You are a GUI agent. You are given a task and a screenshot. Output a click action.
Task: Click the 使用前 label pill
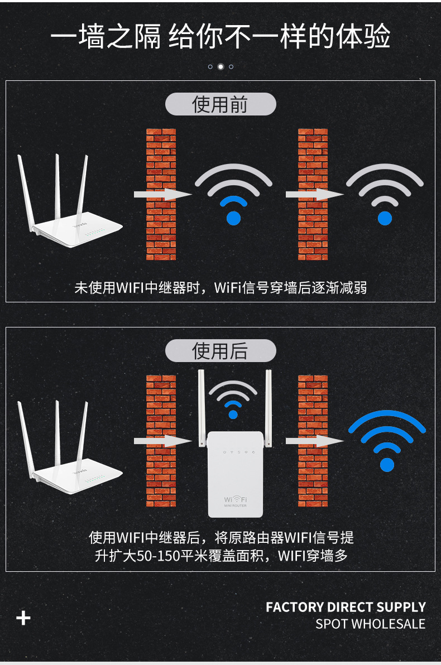(x=220, y=104)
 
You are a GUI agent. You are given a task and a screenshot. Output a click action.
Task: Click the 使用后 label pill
(x=220, y=351)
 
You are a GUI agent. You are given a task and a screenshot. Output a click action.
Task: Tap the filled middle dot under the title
(x=220, y=66)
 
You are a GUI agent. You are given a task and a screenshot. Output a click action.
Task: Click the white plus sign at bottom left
(x=23, y=618)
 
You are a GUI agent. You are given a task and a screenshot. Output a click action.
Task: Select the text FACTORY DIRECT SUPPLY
(x=346, y=607)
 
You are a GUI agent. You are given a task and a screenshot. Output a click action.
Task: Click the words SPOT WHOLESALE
(x=370, y=624)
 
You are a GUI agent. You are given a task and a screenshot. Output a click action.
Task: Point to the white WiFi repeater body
(x=236, y=475)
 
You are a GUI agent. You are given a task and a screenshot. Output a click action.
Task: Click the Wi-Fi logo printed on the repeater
(x=235, y=500)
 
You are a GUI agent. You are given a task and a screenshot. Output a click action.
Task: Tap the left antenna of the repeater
(x=202, y=408)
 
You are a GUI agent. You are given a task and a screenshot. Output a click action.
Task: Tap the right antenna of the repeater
(x=269, y=408)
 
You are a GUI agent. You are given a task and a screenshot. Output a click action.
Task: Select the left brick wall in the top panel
(x=161, y=194)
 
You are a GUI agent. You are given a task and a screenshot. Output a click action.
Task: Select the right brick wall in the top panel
(x=313, y=194)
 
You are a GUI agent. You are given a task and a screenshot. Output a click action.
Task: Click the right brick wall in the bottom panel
(x=313, y=441)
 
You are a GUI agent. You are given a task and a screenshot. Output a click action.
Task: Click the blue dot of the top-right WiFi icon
(x=385, y=218)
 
